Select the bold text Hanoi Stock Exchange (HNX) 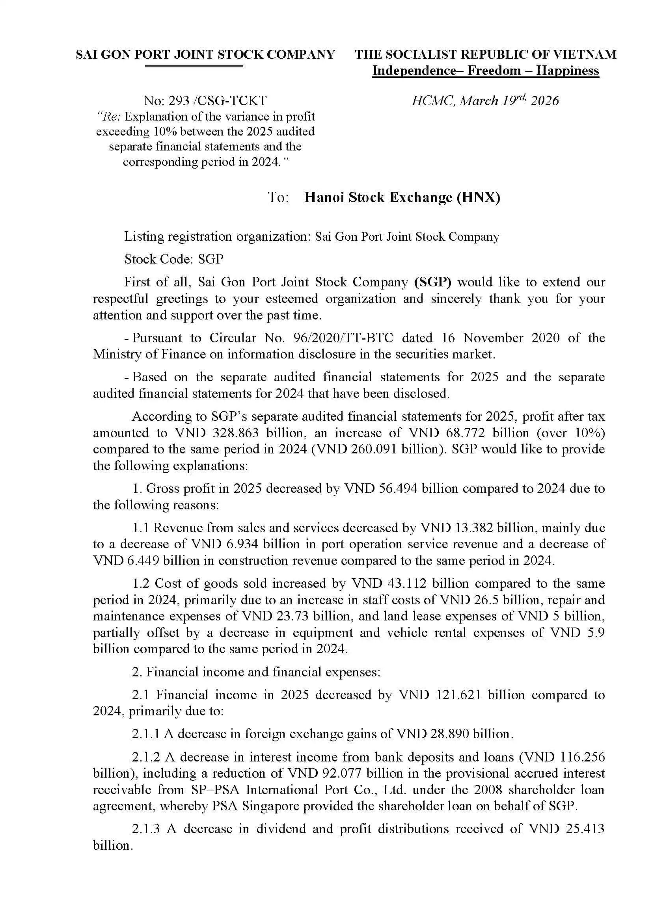pyautogui.click(x=402, y=197)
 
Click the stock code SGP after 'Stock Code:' pyautogui.click(x=211, y=259)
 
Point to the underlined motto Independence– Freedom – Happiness pyautogui.click(x=485, y=71)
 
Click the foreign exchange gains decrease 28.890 pyautogui.click(x=449, y=733)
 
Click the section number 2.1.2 pyautogui.click(x=146, y=757)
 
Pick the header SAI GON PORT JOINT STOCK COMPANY pyautogui.click(x=205, y=54)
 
